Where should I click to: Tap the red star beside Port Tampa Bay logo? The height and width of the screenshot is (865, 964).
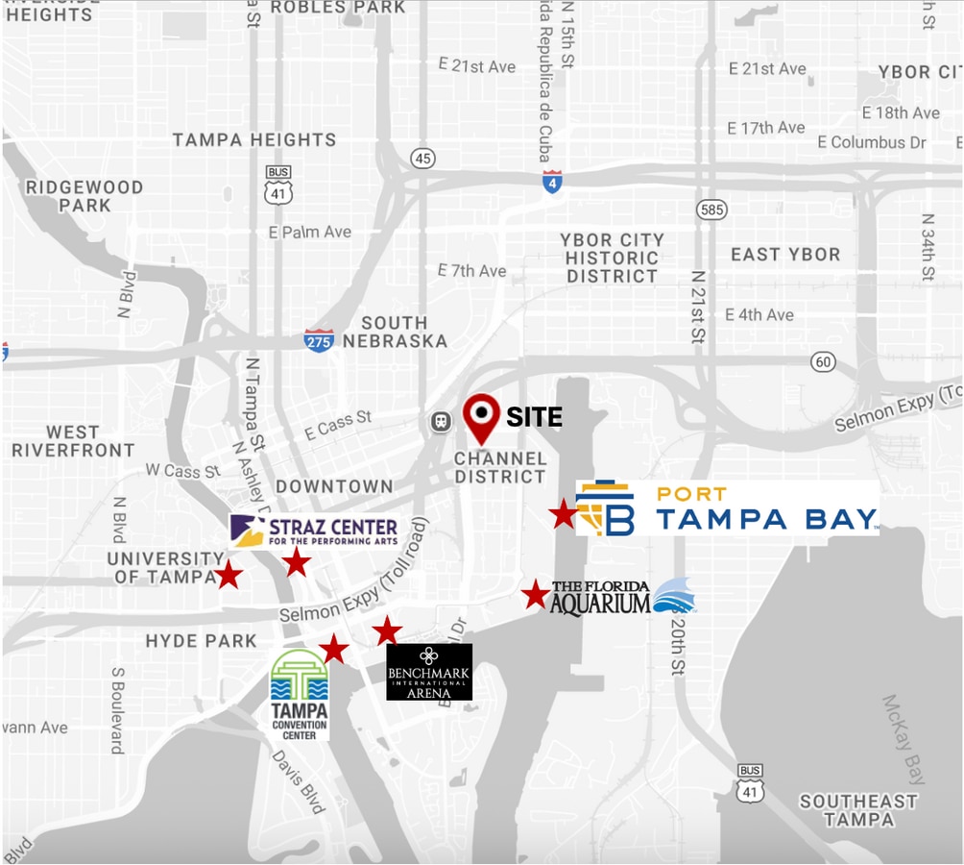[564, 514]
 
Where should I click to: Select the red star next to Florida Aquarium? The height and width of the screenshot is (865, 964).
[535, 594]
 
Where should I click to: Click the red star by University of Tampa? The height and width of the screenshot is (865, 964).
[228, 575]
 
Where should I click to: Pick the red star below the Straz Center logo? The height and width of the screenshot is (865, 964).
[296, 561]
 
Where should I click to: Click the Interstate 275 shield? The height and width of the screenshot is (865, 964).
[319, 340]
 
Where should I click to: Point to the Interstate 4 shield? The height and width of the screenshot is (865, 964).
[551, 182]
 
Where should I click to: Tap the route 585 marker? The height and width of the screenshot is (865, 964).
[712, 209]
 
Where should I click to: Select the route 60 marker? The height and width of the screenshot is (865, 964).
[822, 362]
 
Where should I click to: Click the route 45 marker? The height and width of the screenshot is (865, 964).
[422, 158]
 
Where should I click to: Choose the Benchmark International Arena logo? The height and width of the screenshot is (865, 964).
[429, 672]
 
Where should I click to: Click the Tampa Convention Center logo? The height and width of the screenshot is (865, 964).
[300, 694]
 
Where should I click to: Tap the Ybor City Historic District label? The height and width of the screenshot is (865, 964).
[613, 258]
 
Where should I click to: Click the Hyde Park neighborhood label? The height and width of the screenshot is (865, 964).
[202, 641]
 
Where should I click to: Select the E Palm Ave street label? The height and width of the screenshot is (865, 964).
[310, 233]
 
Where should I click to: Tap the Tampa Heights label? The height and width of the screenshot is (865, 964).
[254, 140]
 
